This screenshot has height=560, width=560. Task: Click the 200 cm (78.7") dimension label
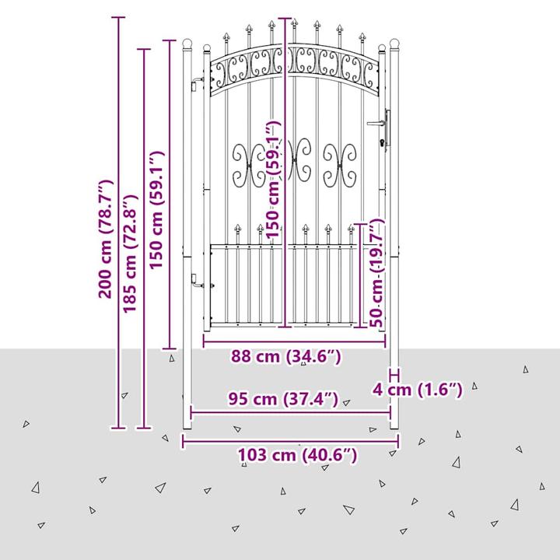pos(106,240)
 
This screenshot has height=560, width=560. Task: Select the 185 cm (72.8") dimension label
pos(131,254)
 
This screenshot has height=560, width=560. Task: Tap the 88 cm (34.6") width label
pos(286,356)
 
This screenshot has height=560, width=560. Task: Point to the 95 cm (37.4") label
pos(283,398)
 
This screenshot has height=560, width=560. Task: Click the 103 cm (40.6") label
pos(297,455)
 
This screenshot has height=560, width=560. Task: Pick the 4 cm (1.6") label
pos(418,389)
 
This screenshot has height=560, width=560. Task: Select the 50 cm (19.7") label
pos(376,273)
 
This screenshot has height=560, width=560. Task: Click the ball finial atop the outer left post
pos(187,44)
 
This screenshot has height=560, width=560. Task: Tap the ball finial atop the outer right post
pos(394,44)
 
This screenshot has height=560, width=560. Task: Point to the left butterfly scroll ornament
pos(250,166)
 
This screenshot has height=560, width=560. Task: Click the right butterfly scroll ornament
pos(340,166)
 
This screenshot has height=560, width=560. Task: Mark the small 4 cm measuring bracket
pos(394,375)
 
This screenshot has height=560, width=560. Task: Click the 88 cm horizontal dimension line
pos(294,341)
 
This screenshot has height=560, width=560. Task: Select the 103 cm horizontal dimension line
pos(290,442)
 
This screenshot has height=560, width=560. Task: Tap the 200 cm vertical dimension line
pos(118,222)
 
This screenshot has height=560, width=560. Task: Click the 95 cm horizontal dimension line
pos(290,413)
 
